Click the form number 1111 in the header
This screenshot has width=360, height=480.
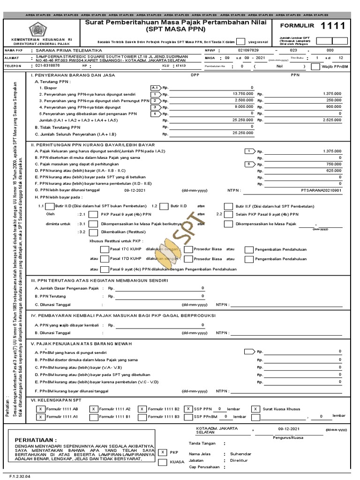pos(333,26)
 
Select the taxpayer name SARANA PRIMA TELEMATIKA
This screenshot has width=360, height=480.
pos(69,50)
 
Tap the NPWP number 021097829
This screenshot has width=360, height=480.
pos(248,50)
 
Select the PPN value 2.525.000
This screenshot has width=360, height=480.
pos(331,120)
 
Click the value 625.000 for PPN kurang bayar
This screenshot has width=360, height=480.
pos(333,171)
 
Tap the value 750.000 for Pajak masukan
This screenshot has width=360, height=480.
pos(333,164)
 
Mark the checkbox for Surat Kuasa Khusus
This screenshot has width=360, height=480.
pos(255,409)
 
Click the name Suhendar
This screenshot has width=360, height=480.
pos(240,454)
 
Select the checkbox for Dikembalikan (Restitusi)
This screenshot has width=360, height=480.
pos(93,232)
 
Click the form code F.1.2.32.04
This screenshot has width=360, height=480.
pos(16,476)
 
